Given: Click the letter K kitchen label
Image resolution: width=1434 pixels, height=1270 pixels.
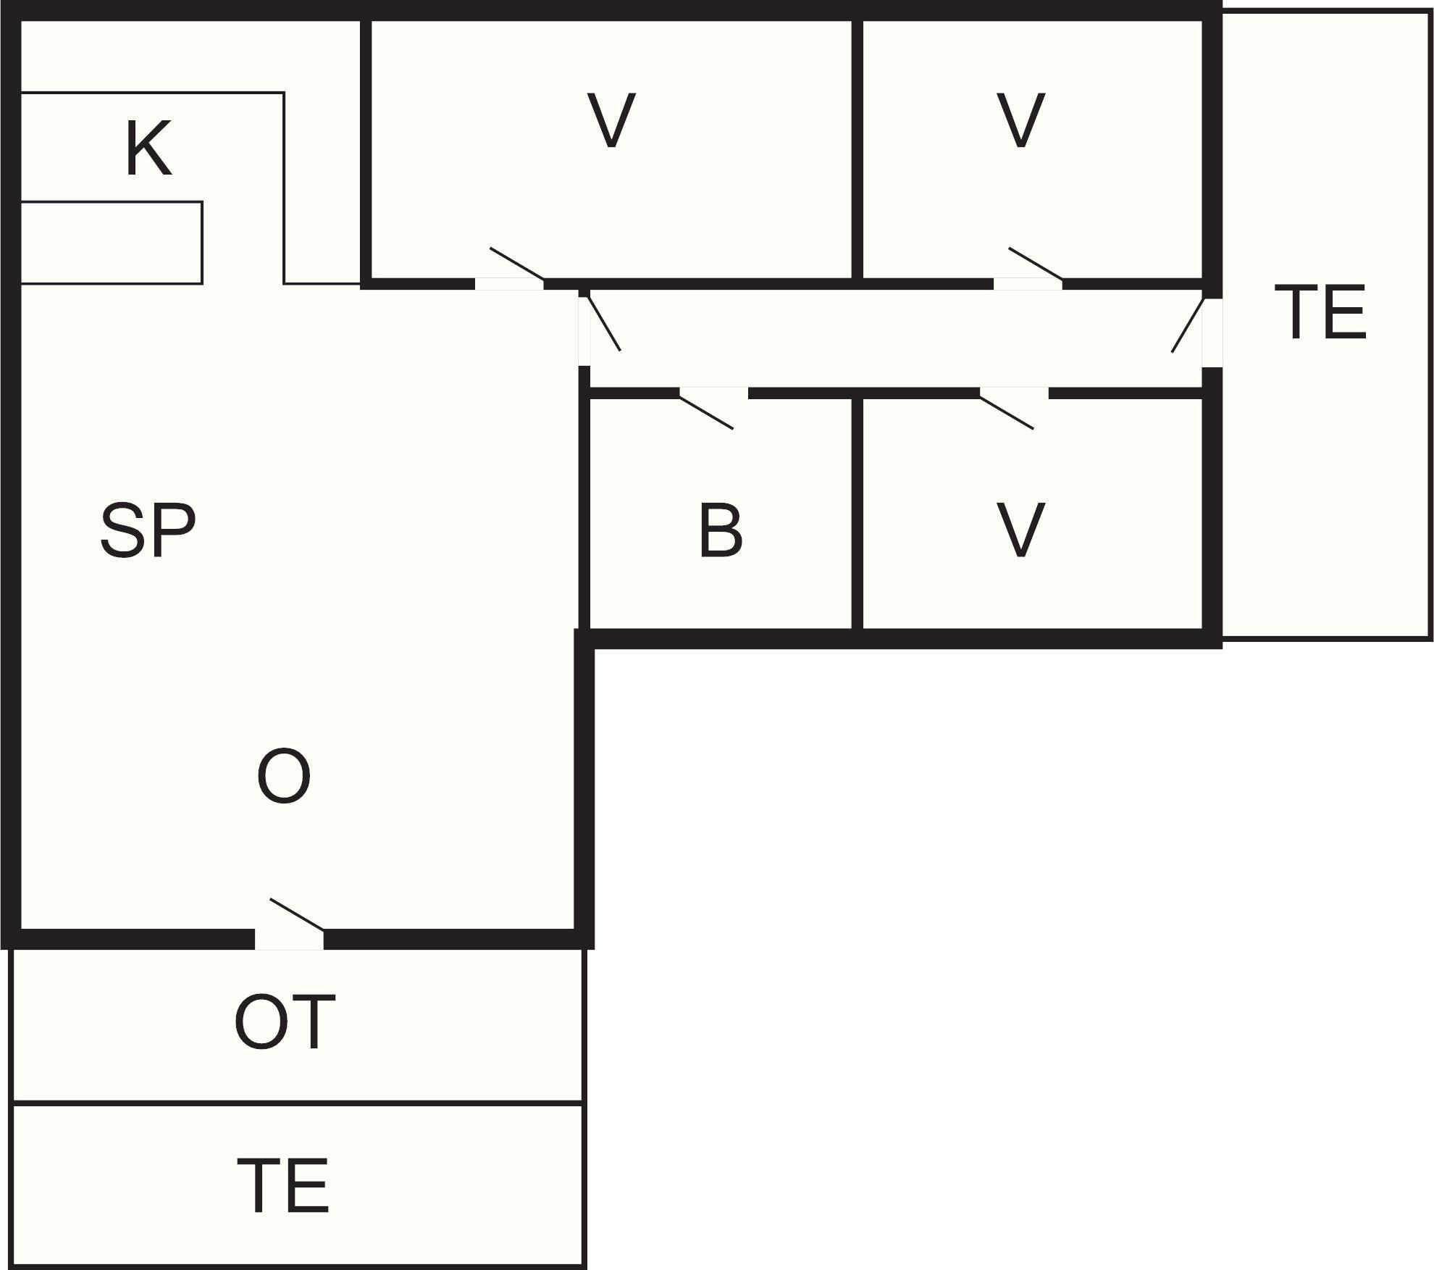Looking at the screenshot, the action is tap(148, 149).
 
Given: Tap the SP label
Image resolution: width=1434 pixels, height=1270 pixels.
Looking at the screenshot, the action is tap(148, 531).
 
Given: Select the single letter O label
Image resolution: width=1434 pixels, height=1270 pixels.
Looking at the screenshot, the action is tap(284, 776).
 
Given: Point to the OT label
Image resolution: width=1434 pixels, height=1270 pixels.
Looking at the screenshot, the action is tap(285, 1022).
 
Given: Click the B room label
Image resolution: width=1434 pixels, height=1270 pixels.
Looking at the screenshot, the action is tap(721, 531).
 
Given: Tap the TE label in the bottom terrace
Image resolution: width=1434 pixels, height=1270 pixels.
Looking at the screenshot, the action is tap(283, 1185).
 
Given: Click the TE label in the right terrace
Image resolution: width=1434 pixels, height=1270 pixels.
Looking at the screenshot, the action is tap(1320, 312).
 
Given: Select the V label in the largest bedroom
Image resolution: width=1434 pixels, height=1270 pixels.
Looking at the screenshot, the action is tap(612, 120).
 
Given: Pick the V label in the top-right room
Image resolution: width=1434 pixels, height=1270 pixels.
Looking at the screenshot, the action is tap(1021, 120).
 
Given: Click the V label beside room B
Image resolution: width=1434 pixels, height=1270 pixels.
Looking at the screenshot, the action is tap(1021, 531).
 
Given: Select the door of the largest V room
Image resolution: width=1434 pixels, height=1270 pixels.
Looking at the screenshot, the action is tap(517, 264).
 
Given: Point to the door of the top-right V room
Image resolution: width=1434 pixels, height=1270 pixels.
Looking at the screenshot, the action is tap(1036, 264).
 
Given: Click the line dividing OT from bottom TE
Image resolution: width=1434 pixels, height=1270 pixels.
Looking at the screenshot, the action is tap(298, 1104).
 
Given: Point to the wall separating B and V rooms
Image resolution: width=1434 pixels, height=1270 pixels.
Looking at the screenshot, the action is tap(858, 514).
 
